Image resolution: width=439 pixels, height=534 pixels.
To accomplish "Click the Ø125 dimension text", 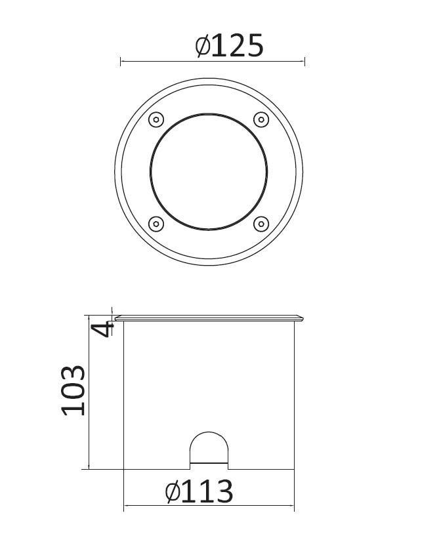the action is (230, 45).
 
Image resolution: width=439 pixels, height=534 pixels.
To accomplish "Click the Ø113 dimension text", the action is (199, 491).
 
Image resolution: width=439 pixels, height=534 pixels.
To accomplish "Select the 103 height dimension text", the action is (73, 390).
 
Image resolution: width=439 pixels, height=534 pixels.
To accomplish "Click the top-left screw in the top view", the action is (156, 119).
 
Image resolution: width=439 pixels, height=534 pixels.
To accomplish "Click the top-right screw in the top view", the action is (261, 119).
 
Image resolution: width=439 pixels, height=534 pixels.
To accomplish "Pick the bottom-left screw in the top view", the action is (156, 224).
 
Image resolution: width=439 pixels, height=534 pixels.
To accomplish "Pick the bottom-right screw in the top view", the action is (261, 224).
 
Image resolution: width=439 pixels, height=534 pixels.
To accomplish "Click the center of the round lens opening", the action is (209, 172).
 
